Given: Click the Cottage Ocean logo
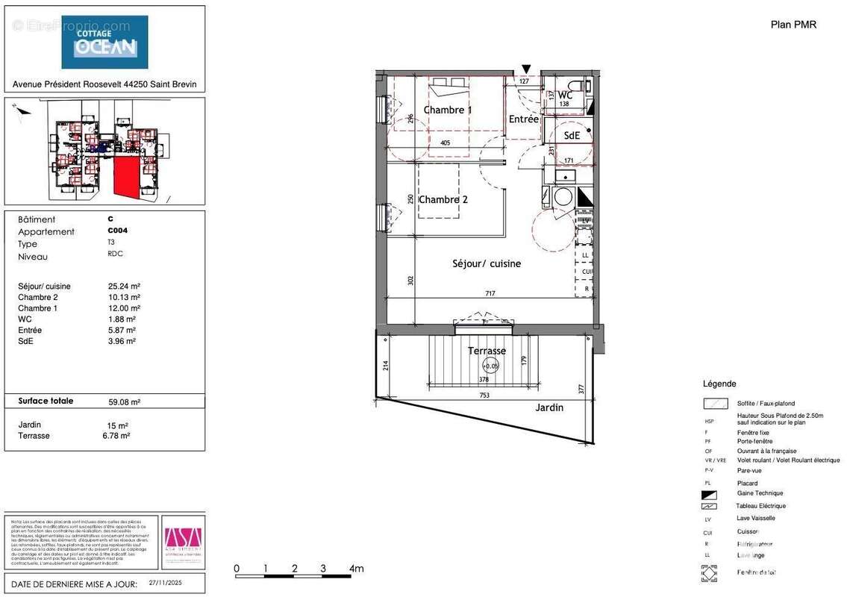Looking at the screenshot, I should point(104,42).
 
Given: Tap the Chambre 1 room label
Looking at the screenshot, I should point(448,110).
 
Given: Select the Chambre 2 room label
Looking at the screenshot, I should point(443,199).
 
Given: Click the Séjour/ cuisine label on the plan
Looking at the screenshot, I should point(487,263).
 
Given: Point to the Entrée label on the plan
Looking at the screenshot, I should point(523,119).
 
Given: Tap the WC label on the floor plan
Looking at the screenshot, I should point(565,95).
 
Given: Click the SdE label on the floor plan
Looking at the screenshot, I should point(572,135).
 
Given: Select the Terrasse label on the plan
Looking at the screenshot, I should point(487,351).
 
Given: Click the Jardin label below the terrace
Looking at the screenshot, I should point(549,407).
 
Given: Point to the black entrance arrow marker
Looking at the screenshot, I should point(527,69).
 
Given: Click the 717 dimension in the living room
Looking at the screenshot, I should point(490,293).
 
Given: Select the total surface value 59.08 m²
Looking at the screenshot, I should point(124,401).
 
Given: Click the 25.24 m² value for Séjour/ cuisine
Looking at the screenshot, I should point(124,286).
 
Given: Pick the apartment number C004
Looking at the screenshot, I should point(117,231).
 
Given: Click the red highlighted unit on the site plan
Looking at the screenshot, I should point(126,178).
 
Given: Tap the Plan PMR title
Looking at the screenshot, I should point(793,25).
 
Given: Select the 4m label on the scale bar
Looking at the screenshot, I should point(356,569).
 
